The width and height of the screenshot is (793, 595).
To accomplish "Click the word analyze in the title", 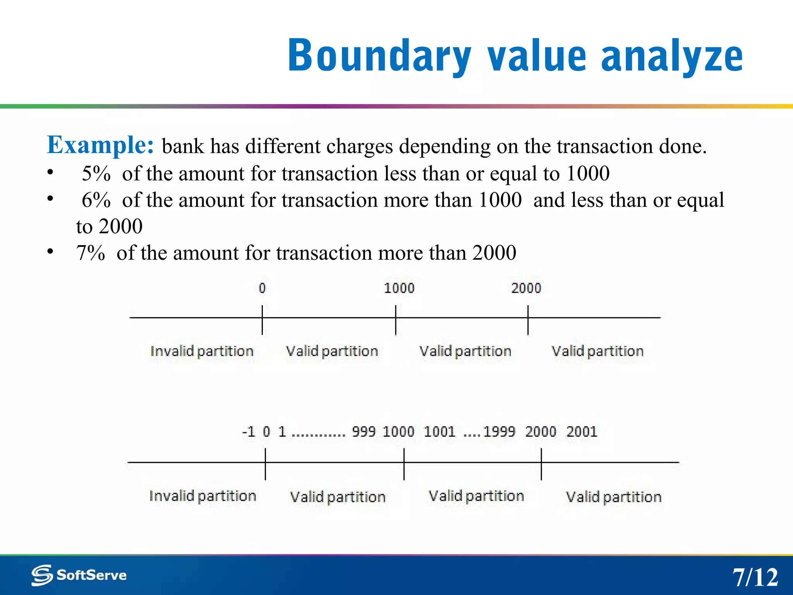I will (x=672, y=56).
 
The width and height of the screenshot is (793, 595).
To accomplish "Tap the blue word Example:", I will (x=100, y=145).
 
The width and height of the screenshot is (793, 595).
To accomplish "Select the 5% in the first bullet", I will (x=96, y=173).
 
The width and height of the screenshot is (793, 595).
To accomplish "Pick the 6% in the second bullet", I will (x=96, y=200).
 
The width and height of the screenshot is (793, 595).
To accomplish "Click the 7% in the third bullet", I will (x=91, y=253).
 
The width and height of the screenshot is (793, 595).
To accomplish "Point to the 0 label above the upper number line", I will (x=262, y=288).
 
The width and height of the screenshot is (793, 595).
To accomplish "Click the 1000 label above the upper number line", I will (x=399, y=288).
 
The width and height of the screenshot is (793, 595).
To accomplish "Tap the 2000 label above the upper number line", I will (x=526, y=288).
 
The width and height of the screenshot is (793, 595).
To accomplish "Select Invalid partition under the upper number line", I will (x=202, y=351).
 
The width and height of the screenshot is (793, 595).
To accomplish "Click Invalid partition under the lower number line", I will (x=203, y=496).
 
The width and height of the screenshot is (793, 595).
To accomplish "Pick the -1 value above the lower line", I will (x=249, y=432).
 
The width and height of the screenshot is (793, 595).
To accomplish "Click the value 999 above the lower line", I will (x=363, y=432).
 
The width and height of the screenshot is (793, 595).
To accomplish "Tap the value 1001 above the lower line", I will (x=439, y=432).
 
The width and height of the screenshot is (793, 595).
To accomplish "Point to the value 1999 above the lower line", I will (x=499, y=432).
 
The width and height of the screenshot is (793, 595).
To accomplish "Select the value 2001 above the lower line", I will (x=582, y=432).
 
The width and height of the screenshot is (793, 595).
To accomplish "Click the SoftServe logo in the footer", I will (x=79, y=575).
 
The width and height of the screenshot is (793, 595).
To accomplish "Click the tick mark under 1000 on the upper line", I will (x=395, y=320).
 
